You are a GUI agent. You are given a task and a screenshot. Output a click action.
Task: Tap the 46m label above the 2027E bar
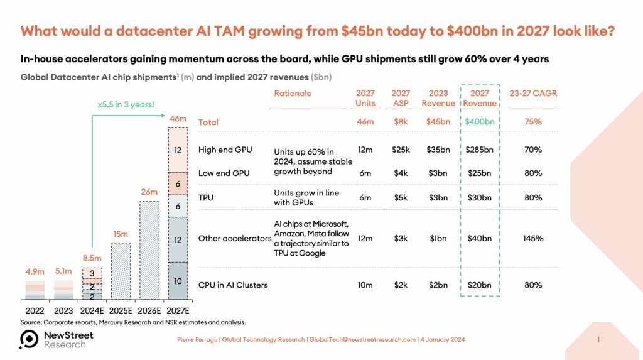[x=178, y=118]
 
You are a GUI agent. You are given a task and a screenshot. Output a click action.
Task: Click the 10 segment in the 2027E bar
[x=178, y=281]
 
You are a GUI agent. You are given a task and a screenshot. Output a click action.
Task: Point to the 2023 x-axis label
[x=63, y=310]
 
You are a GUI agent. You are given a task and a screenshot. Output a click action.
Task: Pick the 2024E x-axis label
[x=92, y=310]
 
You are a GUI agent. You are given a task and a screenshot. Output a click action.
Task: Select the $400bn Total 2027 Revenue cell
[x=480, y=122]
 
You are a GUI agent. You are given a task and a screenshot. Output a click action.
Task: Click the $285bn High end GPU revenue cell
[x=480, y=150]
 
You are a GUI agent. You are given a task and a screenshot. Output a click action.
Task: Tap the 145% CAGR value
[x=533, y=239]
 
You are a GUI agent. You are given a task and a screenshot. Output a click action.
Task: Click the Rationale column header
[x=293, y=94]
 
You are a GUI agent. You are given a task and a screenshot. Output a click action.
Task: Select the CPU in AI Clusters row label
[x=233, y=285]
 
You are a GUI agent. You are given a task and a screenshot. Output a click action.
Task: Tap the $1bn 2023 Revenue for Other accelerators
[x=438, y=239]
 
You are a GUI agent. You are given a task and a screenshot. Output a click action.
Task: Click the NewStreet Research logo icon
[x=29, y=339]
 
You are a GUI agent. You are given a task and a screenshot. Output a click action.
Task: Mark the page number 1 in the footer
[x=598, y=340]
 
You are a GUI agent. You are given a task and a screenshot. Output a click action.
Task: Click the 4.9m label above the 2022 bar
[x=35, y=272]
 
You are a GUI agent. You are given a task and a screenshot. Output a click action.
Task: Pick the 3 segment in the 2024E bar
[x=92, y=273]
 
